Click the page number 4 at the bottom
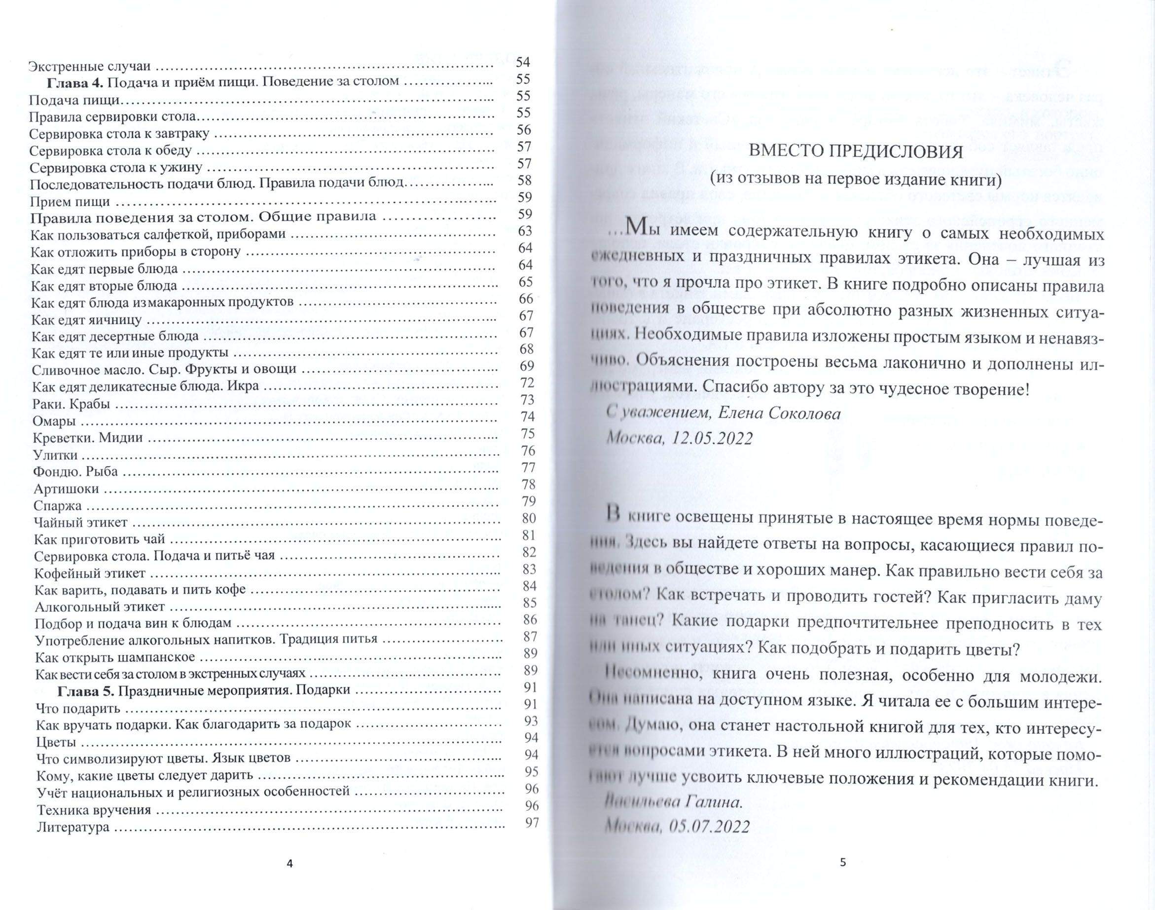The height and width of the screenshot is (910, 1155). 289,864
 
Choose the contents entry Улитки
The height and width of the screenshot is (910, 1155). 55,455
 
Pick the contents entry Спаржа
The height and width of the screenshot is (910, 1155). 58,505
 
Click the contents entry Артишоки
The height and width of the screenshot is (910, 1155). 66,489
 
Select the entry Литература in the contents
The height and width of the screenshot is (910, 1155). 73,827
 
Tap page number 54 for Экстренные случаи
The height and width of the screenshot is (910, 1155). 523,63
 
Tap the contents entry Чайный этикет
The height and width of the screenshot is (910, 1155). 80,522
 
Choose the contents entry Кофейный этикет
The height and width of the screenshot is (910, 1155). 89,573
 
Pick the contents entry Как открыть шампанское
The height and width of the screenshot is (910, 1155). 115,657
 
